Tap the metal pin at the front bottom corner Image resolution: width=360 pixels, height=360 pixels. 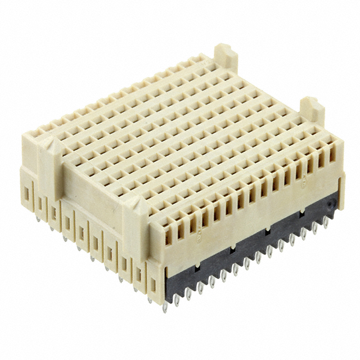[165, 307]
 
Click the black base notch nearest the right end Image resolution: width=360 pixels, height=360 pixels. [304, 213]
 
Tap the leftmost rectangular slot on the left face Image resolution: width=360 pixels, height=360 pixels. [27, 194]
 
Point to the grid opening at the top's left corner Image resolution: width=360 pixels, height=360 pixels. [35, 130]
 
